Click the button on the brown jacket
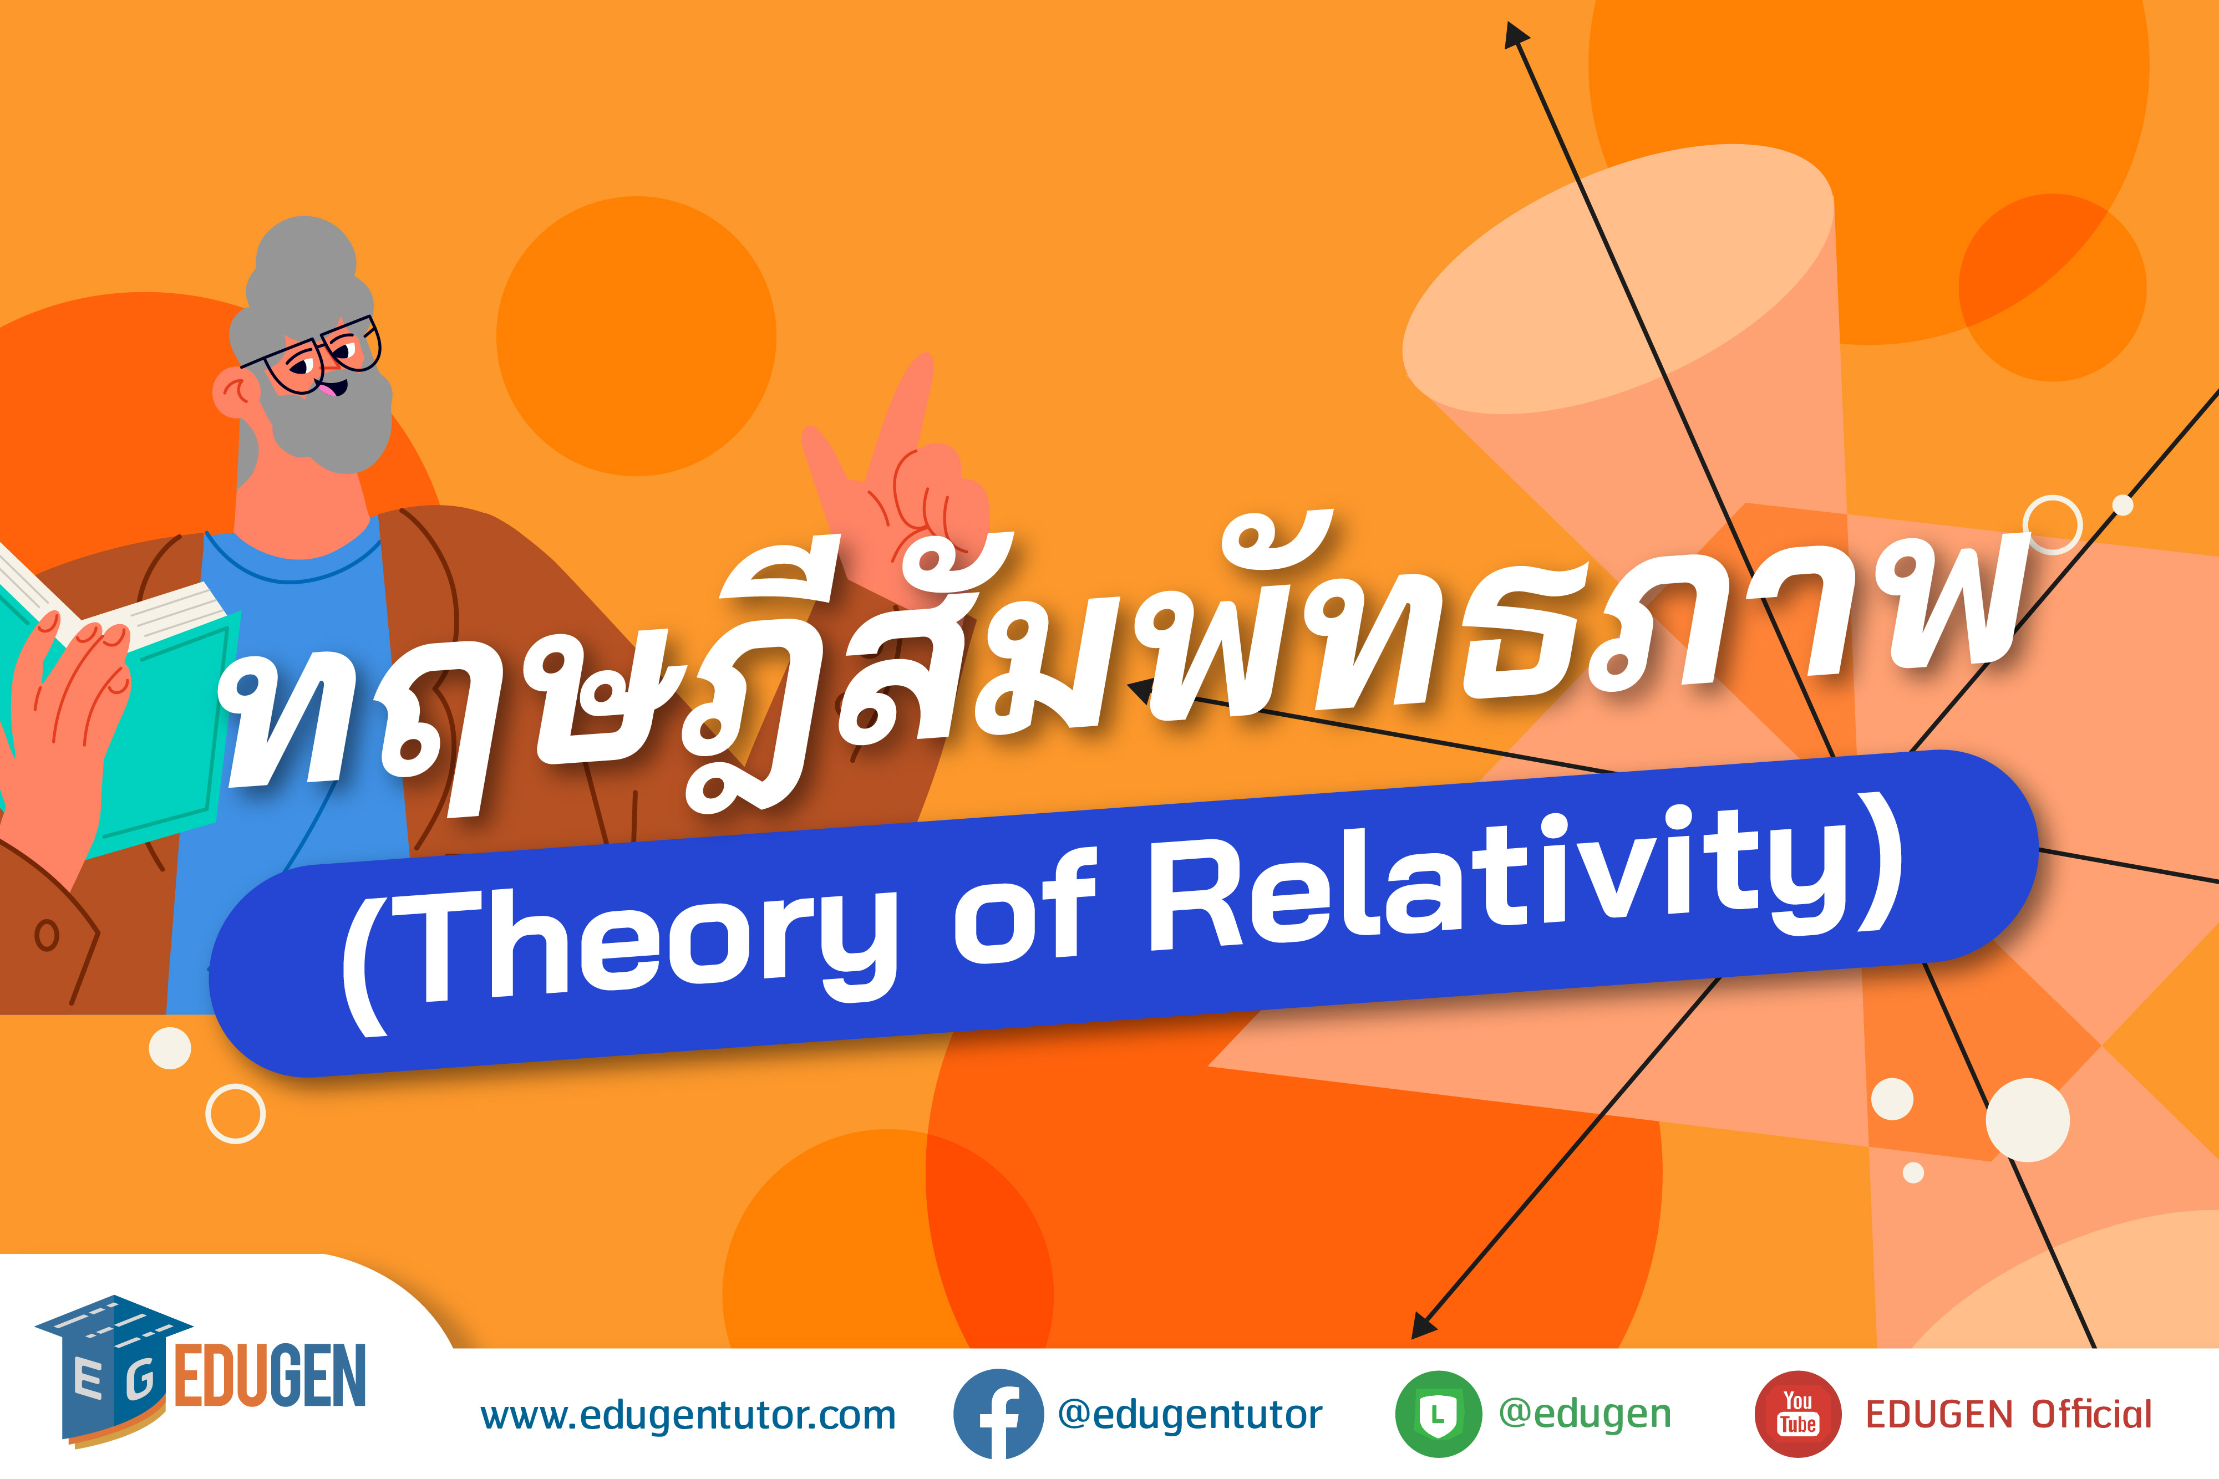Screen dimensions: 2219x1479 [46, 936]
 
